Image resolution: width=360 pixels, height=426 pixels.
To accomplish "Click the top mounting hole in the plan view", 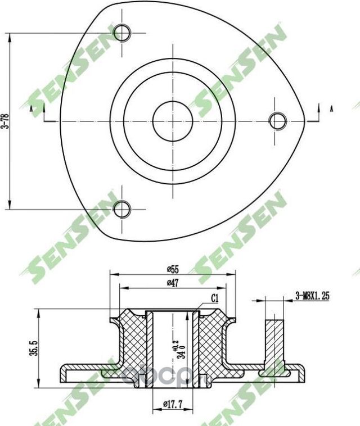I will tap(122, 33).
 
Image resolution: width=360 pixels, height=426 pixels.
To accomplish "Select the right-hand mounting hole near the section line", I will tap(278, 120).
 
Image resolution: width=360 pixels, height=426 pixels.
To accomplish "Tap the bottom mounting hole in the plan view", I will tap(122, 209).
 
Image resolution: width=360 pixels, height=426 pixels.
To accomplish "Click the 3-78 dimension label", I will tap(5, 121).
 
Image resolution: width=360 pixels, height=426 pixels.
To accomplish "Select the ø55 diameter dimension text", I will tap(172, 269).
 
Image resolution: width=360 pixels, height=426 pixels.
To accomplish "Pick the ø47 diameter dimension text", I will tap(172, 284).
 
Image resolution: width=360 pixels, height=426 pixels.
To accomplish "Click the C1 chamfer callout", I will tap(215, 298).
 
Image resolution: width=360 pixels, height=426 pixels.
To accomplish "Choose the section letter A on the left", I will tap(31, 110).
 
